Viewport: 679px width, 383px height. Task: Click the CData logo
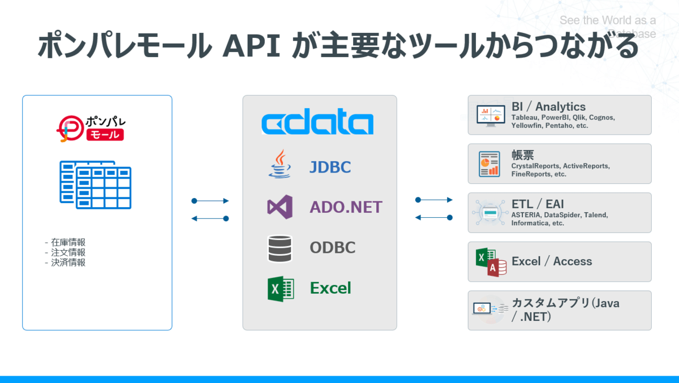[x=317, y=123]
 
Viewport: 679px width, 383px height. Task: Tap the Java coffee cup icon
[x=280, y=165]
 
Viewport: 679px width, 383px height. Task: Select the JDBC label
[x=330, y=167]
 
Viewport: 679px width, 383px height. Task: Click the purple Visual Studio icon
[x=280, y=206]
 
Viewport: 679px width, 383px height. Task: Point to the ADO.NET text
[x=346, y=207]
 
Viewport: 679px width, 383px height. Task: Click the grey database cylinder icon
[x=280, y=248]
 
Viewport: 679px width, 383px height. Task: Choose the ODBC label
[x=333, y=248]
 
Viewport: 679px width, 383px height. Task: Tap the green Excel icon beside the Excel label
[x=280, y=289]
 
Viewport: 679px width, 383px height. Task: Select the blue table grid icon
[x=96, y=182]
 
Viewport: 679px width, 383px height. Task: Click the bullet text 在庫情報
[x=67, y=243]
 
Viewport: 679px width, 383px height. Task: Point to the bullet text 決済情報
[x=67, y=262]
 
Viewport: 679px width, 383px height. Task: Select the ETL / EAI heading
[x=538, y=204]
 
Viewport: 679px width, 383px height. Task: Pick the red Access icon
[x=497, y=268]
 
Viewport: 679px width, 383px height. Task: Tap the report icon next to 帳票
[x=488, y=163]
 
